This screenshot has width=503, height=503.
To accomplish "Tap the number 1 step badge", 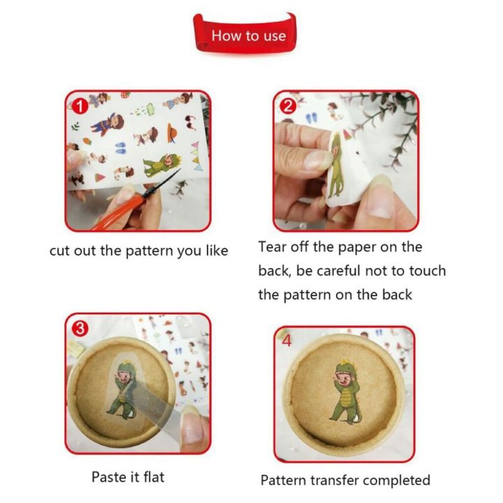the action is coord(80,106).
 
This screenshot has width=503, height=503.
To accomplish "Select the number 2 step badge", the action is coord(288,106).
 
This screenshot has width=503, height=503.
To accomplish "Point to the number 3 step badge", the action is coord(80,328).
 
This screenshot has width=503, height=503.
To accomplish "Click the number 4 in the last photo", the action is coord(287,341).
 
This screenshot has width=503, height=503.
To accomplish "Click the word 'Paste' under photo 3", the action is coord(109,477).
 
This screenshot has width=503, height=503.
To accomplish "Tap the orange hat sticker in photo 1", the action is coord(172,133).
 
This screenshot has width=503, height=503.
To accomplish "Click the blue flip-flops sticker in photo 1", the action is coord(121,147).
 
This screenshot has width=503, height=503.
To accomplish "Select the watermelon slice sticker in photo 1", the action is coord(100,177).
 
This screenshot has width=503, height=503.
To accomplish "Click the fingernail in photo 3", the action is coord(192,424).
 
